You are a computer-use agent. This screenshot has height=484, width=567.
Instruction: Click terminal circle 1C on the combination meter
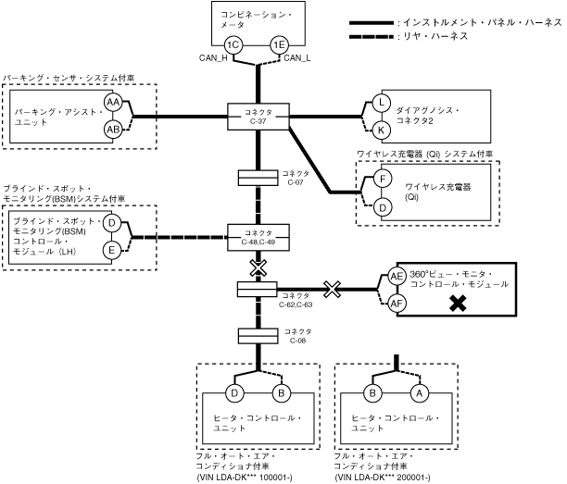pos(233,44)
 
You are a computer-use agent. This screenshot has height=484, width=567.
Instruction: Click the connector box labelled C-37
pos(258,117)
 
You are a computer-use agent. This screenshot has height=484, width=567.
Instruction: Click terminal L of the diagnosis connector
pos(381,101)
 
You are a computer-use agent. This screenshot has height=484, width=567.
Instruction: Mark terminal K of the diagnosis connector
pos(381,130)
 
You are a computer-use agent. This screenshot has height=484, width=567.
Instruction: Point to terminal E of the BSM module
pos(110,249)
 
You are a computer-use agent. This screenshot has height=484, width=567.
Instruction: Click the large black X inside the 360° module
pos(457,303)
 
